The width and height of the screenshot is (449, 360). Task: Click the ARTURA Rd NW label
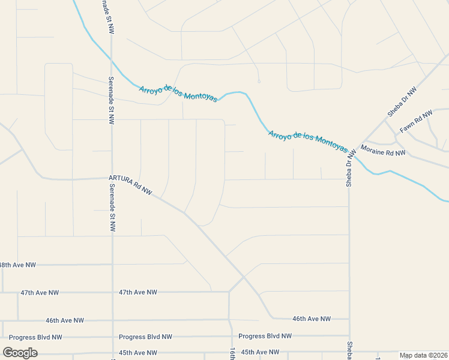131,186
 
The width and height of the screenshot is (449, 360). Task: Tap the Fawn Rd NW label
416,122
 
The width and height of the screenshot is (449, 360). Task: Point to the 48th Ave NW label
17,265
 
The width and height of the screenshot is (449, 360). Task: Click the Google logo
20,353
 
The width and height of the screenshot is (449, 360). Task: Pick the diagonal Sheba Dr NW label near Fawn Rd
402,101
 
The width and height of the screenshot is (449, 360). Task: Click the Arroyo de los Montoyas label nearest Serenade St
179,92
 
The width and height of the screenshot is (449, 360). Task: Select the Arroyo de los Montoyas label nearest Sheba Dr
307,142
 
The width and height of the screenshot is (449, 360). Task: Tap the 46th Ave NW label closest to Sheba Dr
311,319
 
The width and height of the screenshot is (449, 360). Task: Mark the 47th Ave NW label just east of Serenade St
137,292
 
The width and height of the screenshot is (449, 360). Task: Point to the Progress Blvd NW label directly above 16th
265,336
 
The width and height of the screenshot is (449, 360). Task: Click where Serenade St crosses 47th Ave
112,292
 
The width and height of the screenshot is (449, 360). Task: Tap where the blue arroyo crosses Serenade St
112,59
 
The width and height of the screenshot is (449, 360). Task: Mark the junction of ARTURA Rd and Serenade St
112,178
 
